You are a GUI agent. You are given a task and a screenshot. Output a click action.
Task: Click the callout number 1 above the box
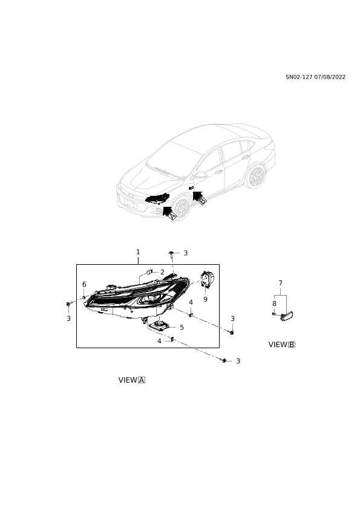pos(138,252)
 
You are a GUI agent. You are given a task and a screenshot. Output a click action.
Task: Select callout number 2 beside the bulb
pos(162,272)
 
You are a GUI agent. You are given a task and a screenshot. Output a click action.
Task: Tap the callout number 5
pos(182,327)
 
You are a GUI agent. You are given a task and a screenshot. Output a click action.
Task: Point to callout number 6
pos(84,284)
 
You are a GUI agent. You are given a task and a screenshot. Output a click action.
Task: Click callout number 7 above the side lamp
pos(281,283)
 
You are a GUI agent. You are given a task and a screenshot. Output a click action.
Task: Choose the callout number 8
pos(274,303)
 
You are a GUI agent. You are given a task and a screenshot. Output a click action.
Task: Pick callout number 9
pos(205,299)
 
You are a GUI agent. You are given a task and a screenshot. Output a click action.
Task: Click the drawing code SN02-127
pos(299,77)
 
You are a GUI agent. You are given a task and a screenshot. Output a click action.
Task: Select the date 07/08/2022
pos(330,77)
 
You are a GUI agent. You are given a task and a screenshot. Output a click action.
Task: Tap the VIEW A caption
pos(131,380)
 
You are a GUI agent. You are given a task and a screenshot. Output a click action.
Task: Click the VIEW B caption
pos(282,345)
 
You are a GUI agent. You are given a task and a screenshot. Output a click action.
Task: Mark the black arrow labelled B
pos(198,196)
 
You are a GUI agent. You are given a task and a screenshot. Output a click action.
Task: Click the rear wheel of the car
pos(256,177)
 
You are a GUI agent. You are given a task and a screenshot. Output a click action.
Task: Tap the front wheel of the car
pos(182,208)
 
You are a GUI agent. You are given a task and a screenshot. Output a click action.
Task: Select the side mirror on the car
pos(200,175)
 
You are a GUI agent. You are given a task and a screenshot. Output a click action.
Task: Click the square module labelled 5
pos(160,325)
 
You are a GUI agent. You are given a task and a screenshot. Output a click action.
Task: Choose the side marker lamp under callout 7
pos(286,315)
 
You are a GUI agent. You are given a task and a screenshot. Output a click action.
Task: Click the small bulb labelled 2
pos(149,271)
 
